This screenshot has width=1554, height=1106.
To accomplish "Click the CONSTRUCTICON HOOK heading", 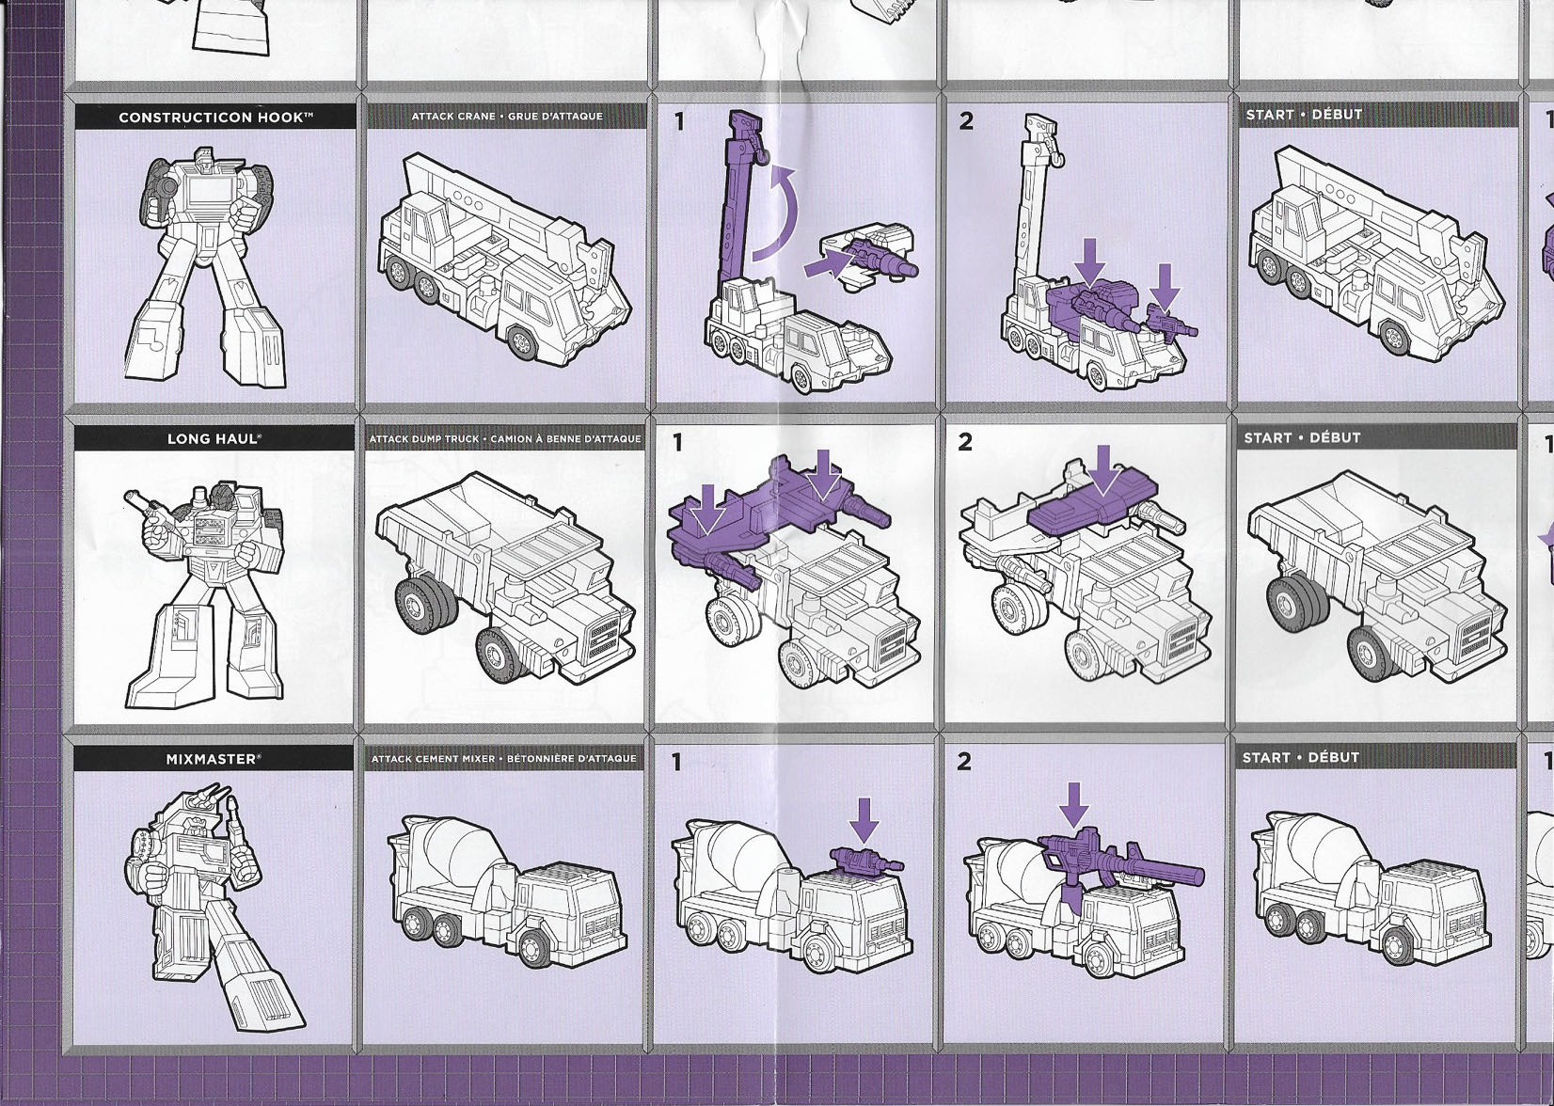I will [215, 118].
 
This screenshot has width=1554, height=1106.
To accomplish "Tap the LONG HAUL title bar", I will [214, 438].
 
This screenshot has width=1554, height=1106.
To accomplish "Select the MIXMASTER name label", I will [214, 759].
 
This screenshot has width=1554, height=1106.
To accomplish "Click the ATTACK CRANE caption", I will [507, 117].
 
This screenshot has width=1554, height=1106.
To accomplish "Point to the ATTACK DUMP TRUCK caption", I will [505, 439].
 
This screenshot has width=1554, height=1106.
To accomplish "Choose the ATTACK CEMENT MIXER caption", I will [504, 759].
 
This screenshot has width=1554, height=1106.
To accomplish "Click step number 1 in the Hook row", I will [679, 121].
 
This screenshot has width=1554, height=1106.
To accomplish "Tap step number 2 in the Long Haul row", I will [965, 443].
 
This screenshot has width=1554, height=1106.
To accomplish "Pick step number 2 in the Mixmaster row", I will [964, 763].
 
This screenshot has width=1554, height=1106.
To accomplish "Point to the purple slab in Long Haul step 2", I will [1096, 509].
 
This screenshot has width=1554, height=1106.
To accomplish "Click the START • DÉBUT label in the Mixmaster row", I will [1301, 758].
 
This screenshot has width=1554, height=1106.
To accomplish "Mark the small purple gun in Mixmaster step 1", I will [865, 860].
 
